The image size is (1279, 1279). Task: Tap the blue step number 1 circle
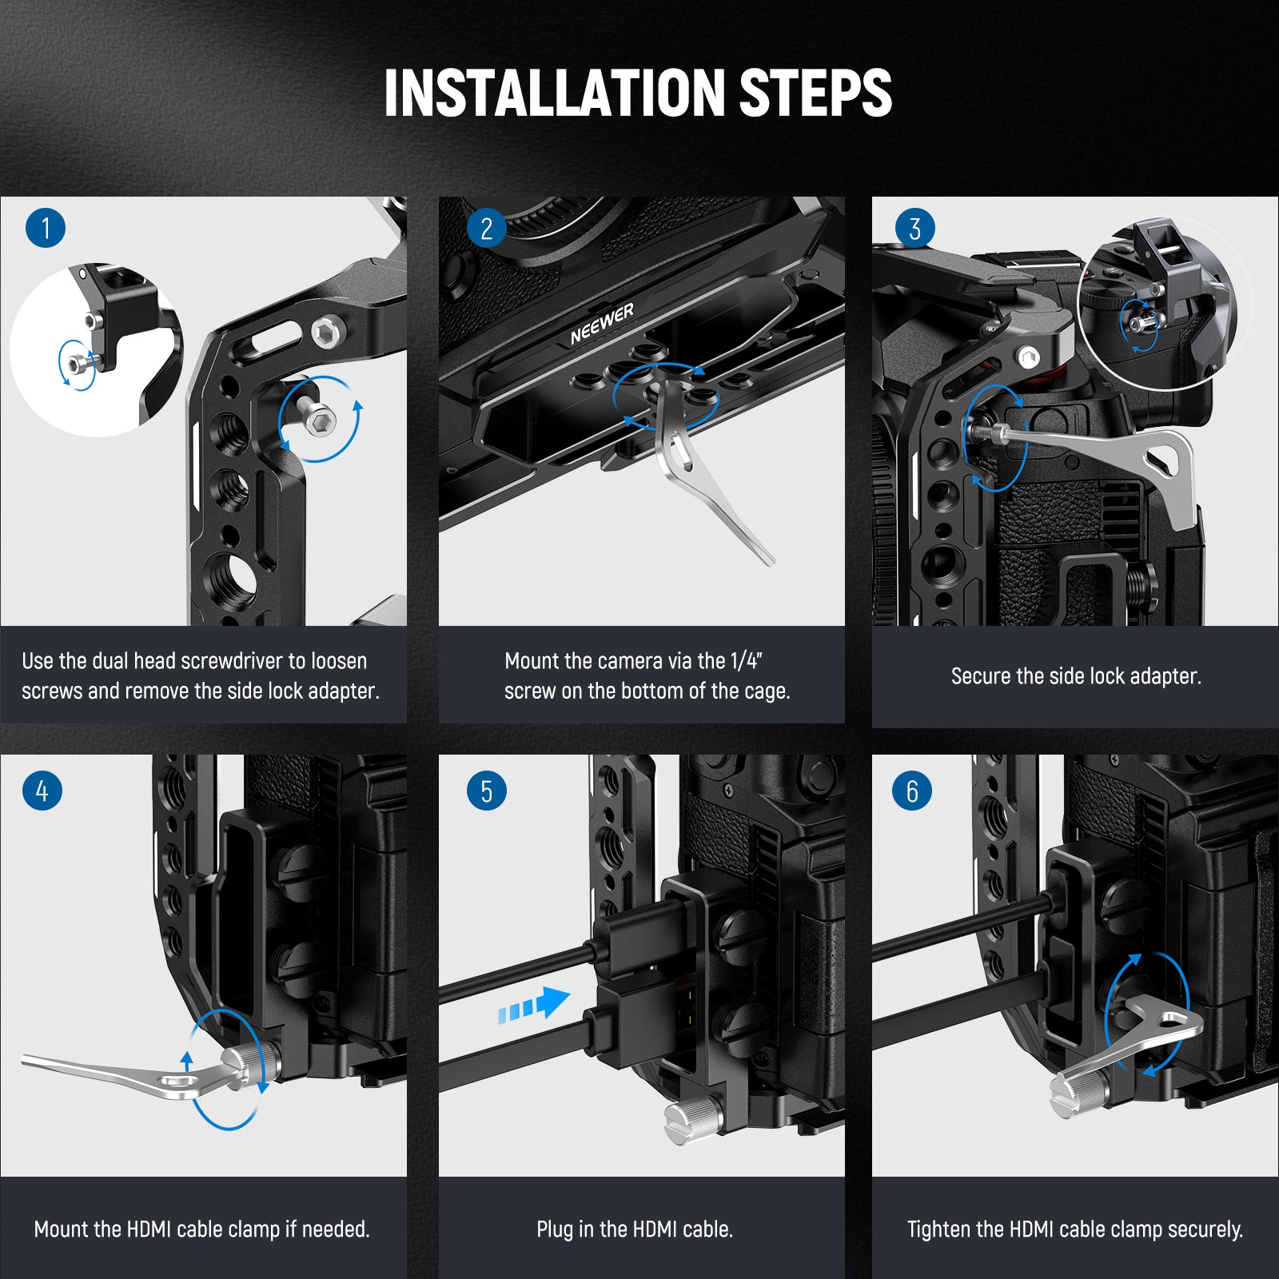click(x=46, y=228)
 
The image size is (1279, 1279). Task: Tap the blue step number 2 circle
click(x=486, y=229)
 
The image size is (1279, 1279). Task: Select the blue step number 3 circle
click(x=914, y=229)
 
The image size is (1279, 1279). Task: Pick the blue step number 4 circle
click(x=42, y=791)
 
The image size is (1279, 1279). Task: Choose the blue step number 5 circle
click(x=486, y=791)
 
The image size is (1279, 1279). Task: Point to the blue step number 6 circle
click(x=912, y=791)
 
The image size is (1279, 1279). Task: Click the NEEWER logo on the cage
click(x=602, y=323)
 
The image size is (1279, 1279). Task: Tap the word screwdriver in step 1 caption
click(x=233, y=661)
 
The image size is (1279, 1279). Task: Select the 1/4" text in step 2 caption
click(x=747, y=661)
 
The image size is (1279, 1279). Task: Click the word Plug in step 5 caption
click(x=554, y=1229)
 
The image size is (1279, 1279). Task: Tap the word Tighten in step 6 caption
click(x=938, y=1229)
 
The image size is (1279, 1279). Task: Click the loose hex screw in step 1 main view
click(x=318, y=418)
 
